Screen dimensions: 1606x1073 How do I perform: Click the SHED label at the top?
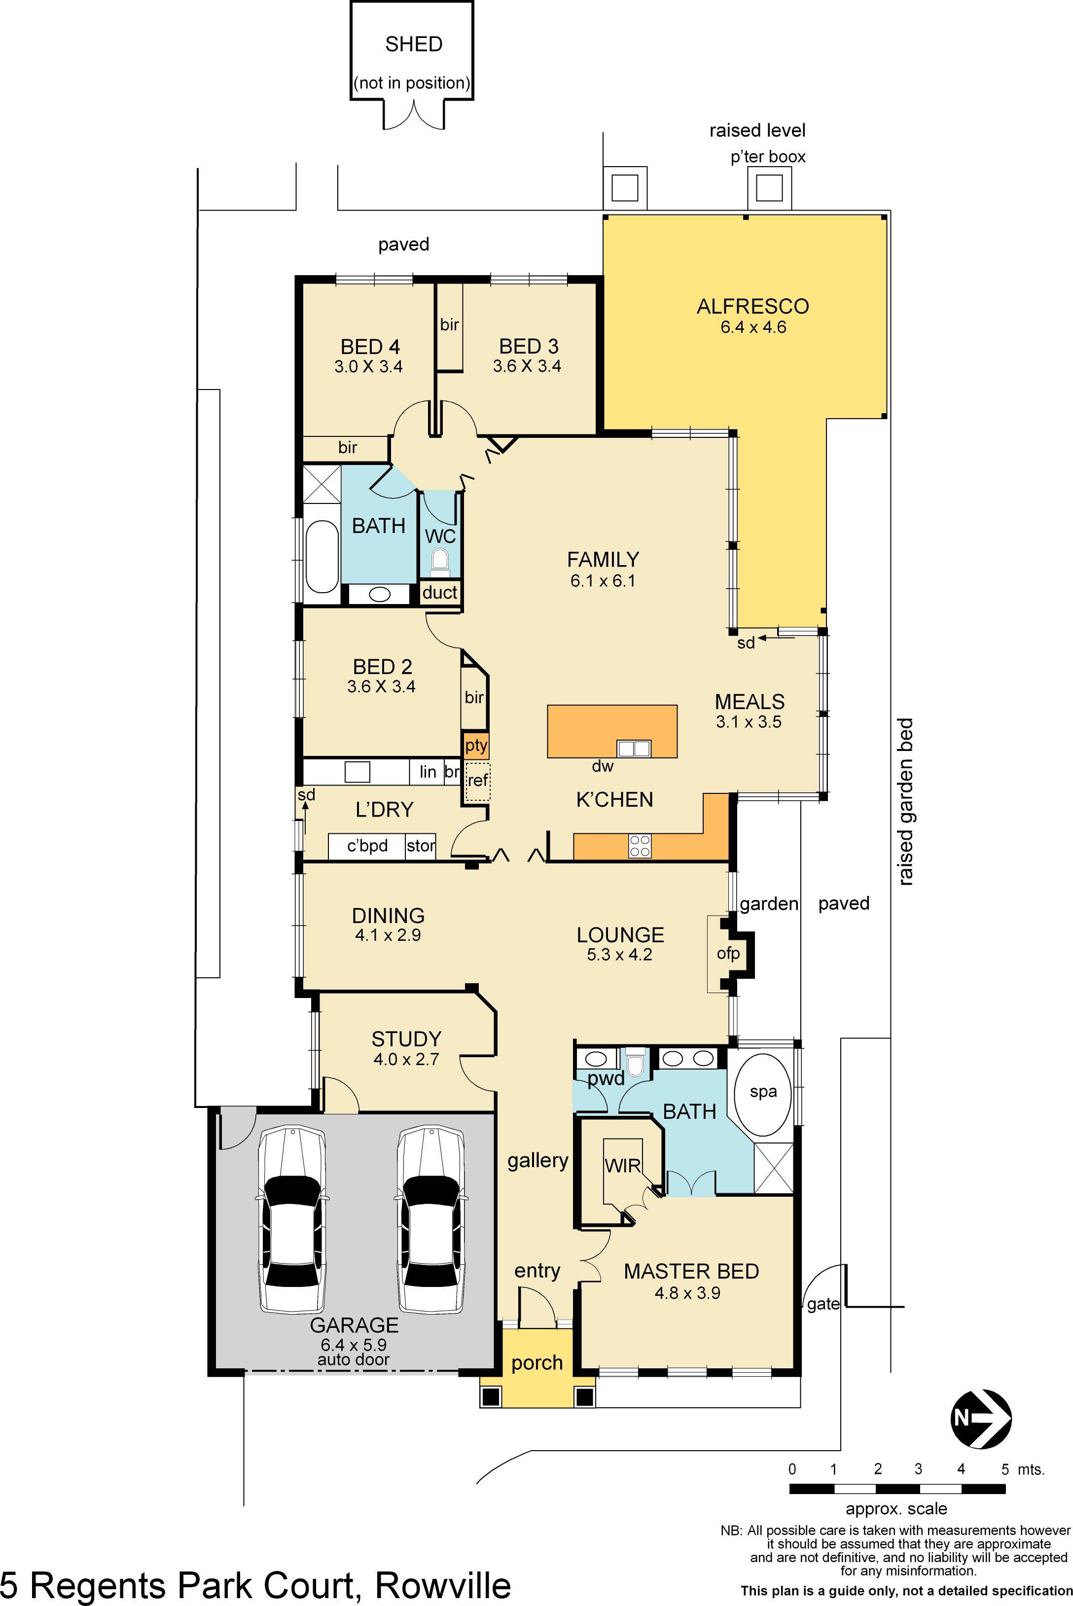click(413, 44)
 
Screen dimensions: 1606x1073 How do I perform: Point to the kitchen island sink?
click(633, 748)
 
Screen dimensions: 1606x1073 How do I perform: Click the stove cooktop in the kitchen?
click(640, 846)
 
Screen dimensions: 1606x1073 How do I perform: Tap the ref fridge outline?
click(478, 780)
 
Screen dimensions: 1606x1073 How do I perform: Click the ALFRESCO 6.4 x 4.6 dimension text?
click(753, 327)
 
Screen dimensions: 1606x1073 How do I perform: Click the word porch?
click(536, 1363)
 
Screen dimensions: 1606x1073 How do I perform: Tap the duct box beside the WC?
click(439, 592)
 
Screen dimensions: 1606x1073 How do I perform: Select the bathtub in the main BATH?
click(322, 556)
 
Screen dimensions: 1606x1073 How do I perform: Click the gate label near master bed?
click(823, 1304)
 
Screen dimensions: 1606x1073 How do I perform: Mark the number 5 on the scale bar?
click(1004, 1469)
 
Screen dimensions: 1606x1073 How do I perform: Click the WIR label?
click(622, 1165)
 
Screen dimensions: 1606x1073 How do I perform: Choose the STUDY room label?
click(406, 1039)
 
